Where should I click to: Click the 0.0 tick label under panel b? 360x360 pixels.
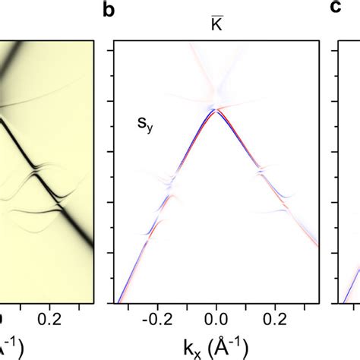click(216, 319)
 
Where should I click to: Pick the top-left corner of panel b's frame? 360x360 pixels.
click(112, 44)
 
